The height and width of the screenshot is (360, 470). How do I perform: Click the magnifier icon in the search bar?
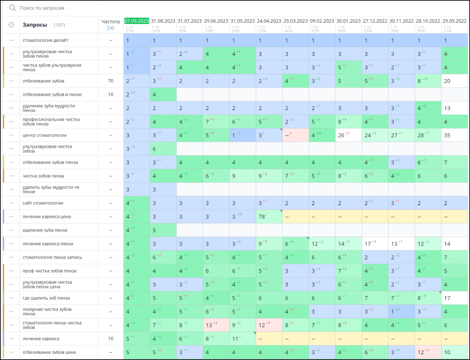click(12, 8)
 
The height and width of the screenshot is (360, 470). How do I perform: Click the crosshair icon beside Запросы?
click(11, 25)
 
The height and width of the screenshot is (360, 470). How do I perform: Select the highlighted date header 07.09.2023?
click(137, 21)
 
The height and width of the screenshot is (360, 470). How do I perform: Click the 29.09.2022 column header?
click(454, 21)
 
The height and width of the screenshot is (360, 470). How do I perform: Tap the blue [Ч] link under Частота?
click(110, 28)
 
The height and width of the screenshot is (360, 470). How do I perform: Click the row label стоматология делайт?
click(45, 40)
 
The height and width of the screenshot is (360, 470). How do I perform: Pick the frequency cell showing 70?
click(111, 81)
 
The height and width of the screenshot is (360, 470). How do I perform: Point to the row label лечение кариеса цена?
click(47, 217)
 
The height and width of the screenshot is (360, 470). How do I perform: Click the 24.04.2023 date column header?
click(269, 21)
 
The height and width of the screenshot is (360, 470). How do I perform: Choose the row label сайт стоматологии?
click(43, 203)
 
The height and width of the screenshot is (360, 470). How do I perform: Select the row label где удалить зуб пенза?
click(46, 298)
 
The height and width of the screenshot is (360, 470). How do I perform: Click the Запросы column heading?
click(35, 25)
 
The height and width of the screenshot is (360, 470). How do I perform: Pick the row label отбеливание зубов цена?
click(49, 352)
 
